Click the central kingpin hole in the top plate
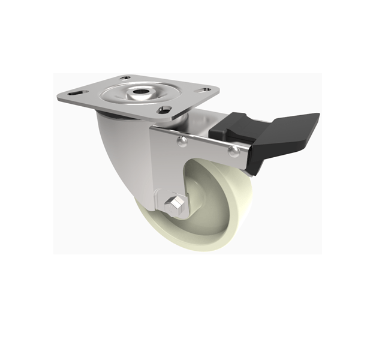click(x=139, y=93)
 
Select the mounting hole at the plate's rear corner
click(x=125, y=78)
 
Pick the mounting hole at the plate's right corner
click(x=204, y=90)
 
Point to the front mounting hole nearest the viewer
click(x=163, y=110)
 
